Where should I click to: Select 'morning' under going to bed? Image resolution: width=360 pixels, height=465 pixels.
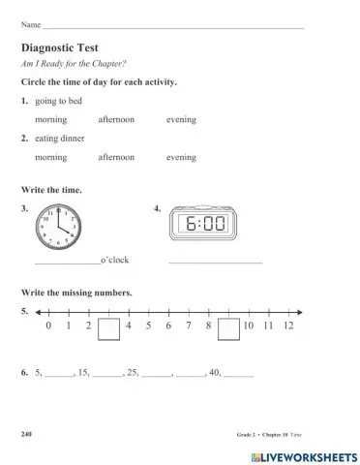pyautogui.click(x=50, y=119)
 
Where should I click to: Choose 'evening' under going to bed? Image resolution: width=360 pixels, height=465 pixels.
pyautogui.click(x=181, y=119)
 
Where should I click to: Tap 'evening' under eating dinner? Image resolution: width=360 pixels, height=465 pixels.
pyautogui.click(x=181, y=157)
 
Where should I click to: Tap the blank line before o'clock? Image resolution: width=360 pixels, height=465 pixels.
pyautogui.click(x=67, y=262)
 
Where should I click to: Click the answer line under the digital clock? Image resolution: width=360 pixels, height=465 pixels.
pyautogui.click(x=215, y=262)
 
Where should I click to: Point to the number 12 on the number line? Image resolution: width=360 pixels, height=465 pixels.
pyautogui.click(x=288, y=327)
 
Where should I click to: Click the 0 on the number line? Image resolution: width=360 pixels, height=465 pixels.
pyautogui.click(x=48, y=327)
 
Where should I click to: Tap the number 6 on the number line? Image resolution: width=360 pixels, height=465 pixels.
pyautogui.click(x=168, y=327)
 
